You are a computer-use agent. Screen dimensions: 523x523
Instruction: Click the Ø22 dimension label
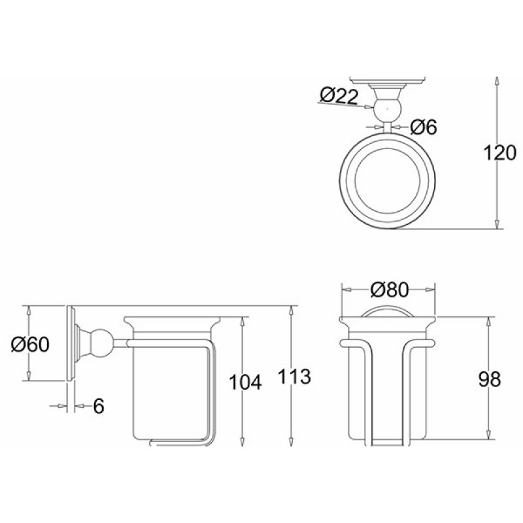(x=339, y=95)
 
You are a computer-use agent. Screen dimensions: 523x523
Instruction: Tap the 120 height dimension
(x=499, y=153)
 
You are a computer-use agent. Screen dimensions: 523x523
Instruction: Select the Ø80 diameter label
(x=389, y=290)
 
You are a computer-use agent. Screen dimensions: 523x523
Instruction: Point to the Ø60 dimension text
(x=30, y=345)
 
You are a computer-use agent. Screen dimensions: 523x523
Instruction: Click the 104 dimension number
(x=245, y=382)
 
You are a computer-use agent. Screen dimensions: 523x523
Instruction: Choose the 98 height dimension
(x=490, y=379)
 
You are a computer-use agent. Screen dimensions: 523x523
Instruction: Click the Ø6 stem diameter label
(x=423, y=127)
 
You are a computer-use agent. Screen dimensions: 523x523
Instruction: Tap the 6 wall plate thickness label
(x=99, y=406)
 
